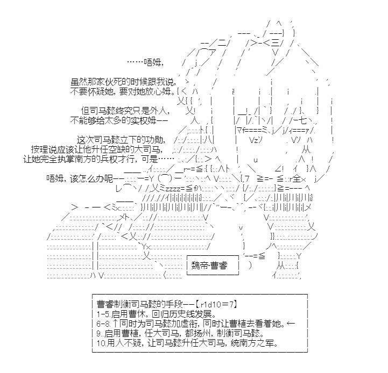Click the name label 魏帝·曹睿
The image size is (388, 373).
click(x=209, y=266)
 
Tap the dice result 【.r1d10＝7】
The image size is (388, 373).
click(x=216, y=304)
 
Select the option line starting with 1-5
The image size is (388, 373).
click(x=157, y=314)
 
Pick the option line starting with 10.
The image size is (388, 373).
click(x=187, y=343)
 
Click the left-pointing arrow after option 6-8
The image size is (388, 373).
click(x=291, y=324)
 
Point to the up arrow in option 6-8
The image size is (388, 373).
click(x=116, y=324)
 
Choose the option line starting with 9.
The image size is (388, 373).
click(x=180, y=333)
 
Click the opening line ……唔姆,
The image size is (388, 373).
click(x=145, y=62)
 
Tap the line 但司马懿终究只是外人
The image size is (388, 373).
click(x=125, y=111)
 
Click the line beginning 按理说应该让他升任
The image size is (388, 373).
click(x=97, y=149)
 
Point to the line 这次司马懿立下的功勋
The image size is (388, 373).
click(x=121, y=140)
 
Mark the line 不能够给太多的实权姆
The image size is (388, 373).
click(x=119, y=120)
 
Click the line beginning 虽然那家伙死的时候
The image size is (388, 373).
click(x=123, y=82)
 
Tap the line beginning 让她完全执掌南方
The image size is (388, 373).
click(x=98, y=159)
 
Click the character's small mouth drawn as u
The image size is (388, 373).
click(x=256, y=160)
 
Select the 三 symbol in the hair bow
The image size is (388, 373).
click(x=274, y=43)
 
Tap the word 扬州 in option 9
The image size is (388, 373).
click(x=203, y=333)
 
